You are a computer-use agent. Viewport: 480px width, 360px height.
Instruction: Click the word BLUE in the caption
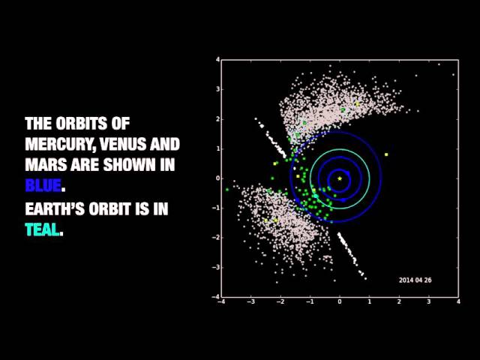(43, 185)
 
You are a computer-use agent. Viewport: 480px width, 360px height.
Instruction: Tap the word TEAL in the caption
(42, 229)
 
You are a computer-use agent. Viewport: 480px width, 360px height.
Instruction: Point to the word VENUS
(123, 144)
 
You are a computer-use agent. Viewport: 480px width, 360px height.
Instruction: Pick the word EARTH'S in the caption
(55, 208)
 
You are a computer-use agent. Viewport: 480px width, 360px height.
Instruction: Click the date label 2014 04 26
(415, 280)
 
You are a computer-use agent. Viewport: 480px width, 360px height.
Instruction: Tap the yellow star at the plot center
(340, 178)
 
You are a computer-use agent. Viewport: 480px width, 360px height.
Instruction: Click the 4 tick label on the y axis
(217, 60)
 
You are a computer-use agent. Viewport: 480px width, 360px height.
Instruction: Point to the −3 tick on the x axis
(250, 301)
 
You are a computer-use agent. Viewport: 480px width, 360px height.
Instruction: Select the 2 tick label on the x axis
(399, 301)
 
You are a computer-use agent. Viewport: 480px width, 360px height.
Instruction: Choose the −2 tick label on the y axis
(216, 238)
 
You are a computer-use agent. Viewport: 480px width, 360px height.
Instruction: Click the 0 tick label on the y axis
(217, 178)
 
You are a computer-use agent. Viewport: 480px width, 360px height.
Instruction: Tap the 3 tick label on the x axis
(429, 301)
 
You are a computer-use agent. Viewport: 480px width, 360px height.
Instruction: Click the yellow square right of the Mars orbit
(386, 154)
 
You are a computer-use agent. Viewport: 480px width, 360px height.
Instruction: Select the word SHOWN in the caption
(130, 165)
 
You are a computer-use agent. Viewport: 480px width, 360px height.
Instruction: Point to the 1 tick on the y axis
(217, 148)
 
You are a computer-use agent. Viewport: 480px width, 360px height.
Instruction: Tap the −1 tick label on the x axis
(310, 301)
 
